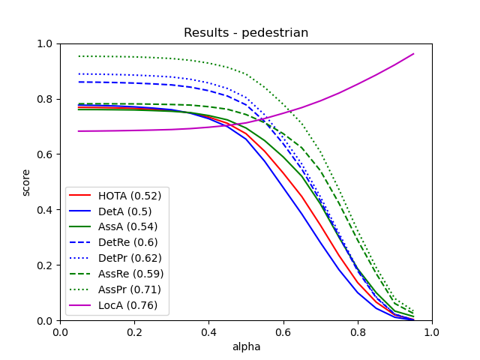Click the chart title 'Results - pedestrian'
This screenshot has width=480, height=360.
(x=246, y=33)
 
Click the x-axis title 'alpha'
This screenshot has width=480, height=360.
(x=246, y=347)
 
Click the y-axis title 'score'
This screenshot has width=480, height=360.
(x=26, y=182)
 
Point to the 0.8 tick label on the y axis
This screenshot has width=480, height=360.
(x=46, y=99)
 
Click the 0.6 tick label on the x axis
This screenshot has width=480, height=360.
(x=283, y=331)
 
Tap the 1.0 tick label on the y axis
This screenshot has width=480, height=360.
(x=46, y=43)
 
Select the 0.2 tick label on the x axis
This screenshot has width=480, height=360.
(x=134, y=331)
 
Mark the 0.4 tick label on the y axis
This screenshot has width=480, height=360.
(x=46, y=210)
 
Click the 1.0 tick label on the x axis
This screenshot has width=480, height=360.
(x=432, y=331)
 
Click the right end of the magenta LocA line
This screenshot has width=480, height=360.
(x=413, y=54)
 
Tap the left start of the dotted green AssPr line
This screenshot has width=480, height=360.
(x=79, y=56)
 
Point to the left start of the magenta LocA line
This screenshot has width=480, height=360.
(x=79, y=131)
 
